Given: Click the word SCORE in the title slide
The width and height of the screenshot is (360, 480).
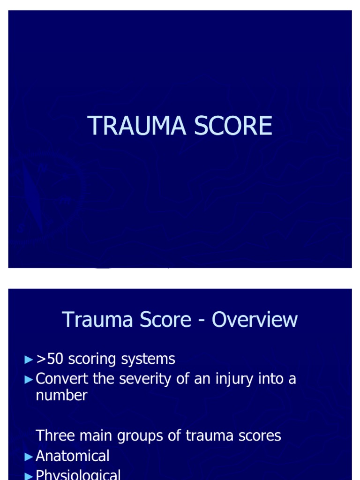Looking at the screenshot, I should coord(227,126).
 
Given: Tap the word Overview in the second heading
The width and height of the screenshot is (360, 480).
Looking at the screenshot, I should coord(255,320).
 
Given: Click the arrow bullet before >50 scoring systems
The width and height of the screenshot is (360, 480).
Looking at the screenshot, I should coord(30,360).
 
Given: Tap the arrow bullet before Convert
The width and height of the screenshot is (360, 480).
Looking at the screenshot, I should coord(30,379).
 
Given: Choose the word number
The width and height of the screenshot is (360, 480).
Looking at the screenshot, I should coord(61,395).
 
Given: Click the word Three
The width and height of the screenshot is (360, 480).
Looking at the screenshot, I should coord(53,435).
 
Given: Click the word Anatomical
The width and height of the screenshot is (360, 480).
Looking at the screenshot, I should coord(72,456).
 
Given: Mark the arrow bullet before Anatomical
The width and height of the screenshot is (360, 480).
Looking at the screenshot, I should coord(30,456).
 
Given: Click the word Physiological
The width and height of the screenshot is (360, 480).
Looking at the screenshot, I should coord(78,475).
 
